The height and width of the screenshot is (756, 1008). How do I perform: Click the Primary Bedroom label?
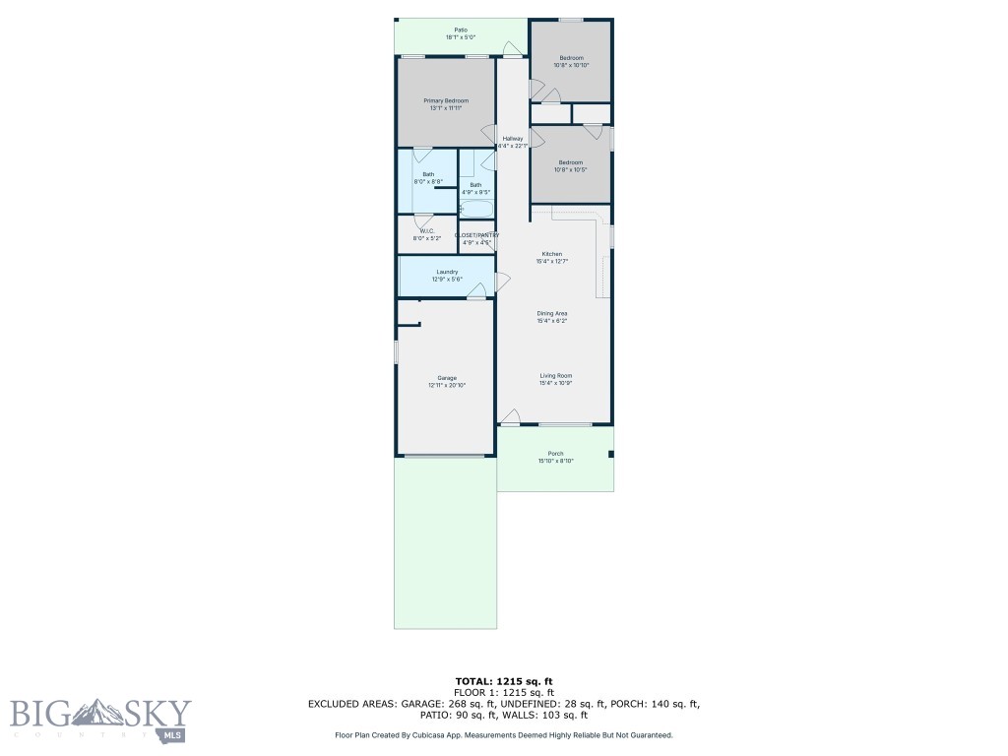pyautogui.click(x=446, y=101)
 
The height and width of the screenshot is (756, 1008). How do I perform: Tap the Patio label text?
pyautogui.click(x=461, y=30)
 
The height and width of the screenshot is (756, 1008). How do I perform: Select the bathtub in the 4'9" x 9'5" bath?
pyautogui.click(x=476, y=209)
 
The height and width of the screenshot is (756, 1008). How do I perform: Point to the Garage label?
pyautogui.click(x=447, y=378)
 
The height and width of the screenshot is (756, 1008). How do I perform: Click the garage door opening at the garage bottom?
pyautogui.click(x=445, y=456)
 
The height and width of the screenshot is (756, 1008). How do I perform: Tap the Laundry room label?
pyautogui.click(x=445, y=272)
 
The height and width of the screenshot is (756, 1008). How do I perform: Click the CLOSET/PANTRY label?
pyautogui.click(x=477, y=235)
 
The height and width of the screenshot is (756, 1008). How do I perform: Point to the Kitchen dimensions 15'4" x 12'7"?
pyautogui.click(x=551, y=262)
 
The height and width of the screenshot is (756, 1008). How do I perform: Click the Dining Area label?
pyautogui.click(x=551, y=314)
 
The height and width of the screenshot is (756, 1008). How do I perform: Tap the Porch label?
pyautogui.click(x=556, y=454)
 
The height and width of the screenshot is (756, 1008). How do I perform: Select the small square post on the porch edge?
pyautogui.click(x=611, y=454)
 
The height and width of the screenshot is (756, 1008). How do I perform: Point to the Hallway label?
pyautogui.click(x=513, y=139)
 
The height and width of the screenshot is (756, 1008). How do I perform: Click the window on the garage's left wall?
pyautogui.click(x=397, y=351)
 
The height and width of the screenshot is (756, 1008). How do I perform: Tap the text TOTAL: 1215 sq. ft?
pyautogui.click(x=503, y=681)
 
